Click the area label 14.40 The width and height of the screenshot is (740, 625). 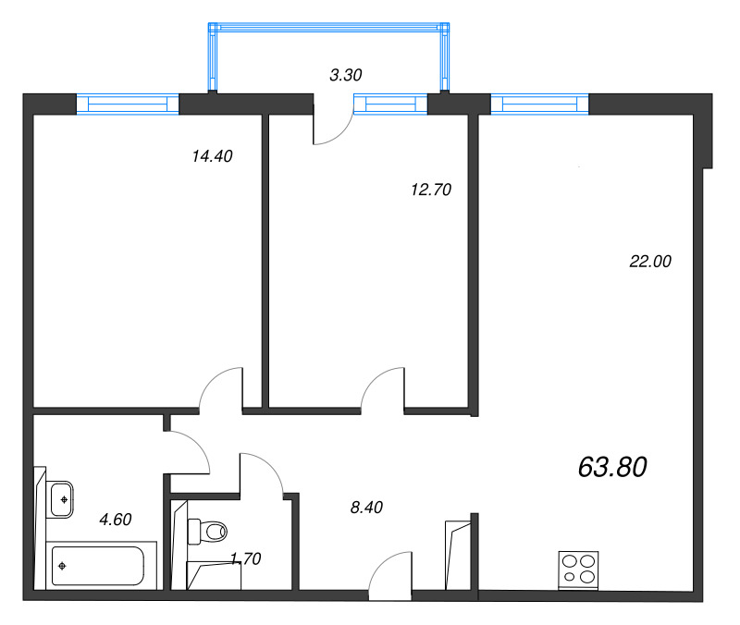click(x=211, y=156)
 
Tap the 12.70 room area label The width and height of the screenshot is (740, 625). click(x=430, y=190)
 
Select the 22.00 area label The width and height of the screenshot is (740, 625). click(x=649, y=262)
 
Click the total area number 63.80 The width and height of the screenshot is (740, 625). click(x=611, y=467)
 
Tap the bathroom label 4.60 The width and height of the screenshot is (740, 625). click(x=116, y=519)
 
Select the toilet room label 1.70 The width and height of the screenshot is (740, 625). click(x=245, y=558)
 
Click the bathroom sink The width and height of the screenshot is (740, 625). click(x=62, y=499)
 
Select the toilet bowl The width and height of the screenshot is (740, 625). click(x=211, y=532)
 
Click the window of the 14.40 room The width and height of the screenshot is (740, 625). click(x=127, y=104)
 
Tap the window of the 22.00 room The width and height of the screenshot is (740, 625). click(x=539, y=104)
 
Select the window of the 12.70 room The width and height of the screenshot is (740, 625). click(x=397, y=104)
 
